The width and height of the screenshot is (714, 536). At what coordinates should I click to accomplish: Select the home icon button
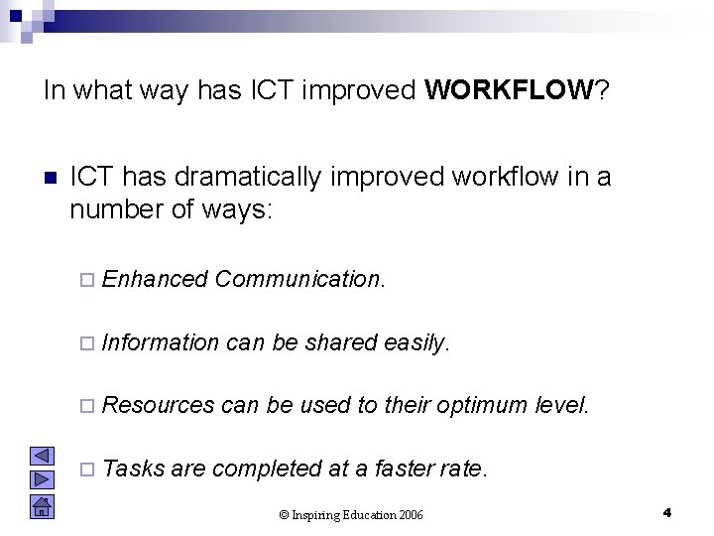click(x=42, y=509)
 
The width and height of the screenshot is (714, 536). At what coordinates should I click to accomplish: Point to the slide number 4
click(x=667, y=512)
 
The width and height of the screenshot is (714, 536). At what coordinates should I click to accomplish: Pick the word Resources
click(x=158, y=405)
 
